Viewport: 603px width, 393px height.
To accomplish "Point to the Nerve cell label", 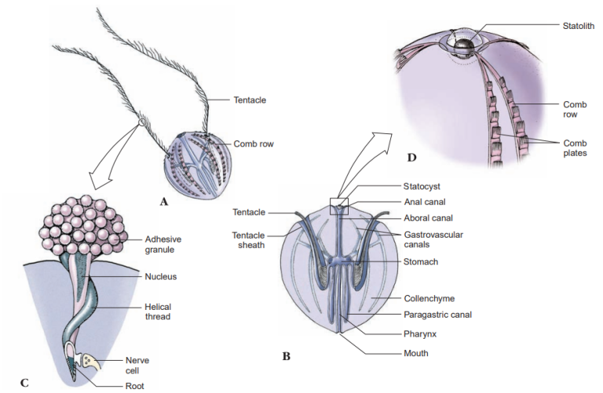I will (137, 365).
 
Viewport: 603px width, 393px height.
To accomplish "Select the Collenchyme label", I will (429, 298).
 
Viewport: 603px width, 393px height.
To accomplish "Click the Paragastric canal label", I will (437, 315).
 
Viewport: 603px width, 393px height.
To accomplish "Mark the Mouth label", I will (416, 353).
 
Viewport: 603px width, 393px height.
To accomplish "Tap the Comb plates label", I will (575, 149).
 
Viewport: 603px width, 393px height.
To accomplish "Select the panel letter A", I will (164, 201).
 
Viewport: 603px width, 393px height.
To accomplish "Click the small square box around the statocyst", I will (340, 205).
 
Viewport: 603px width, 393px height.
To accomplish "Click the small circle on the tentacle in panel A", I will (141, 122).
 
